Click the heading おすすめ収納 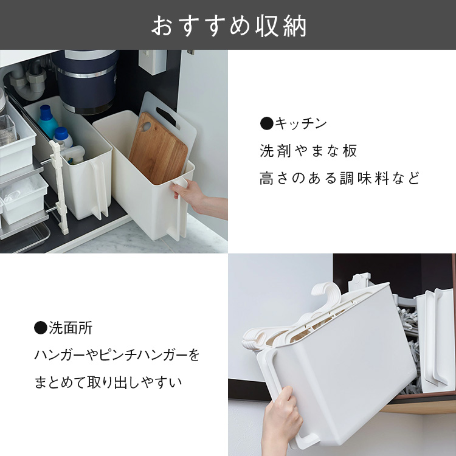(229, 26)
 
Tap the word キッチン (301, 123)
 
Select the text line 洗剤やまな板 (308, 151)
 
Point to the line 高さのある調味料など (339, 178)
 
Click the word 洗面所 (71, 328)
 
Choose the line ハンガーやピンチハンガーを (117, 355)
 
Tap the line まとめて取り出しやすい (108, 382)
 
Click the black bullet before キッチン (267, 123)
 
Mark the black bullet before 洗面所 (41, 328)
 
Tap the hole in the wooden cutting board (145, 127)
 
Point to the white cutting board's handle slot (166, 117)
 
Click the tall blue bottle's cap (46, 112)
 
